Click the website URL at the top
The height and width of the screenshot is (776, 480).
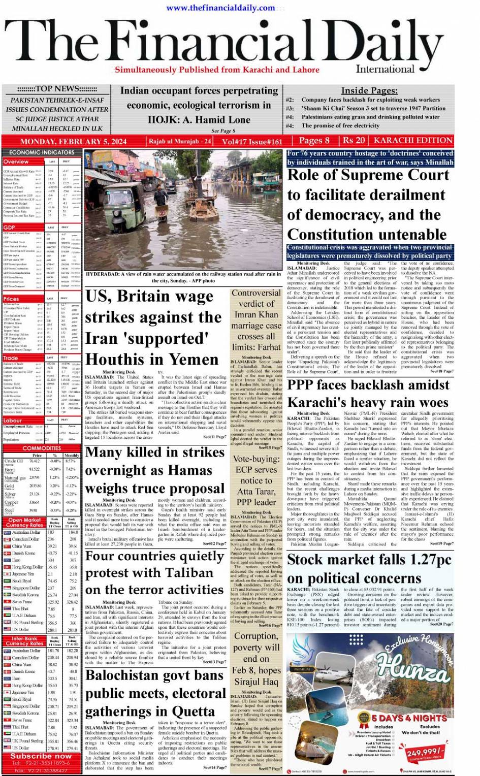coord(220,8)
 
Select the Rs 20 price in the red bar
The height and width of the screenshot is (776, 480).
coord(354,141)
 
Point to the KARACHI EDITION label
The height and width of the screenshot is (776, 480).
coord(413,141)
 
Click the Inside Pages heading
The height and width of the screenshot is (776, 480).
coord(369,90)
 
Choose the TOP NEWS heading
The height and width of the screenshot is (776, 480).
coord(57,88)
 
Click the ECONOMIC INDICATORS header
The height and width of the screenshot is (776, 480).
coord(42,152)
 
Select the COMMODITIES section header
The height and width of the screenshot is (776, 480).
coord(42,448)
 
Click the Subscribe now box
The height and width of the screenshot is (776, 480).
coord(41,756)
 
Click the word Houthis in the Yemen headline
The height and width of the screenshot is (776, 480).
coord(120,359)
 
